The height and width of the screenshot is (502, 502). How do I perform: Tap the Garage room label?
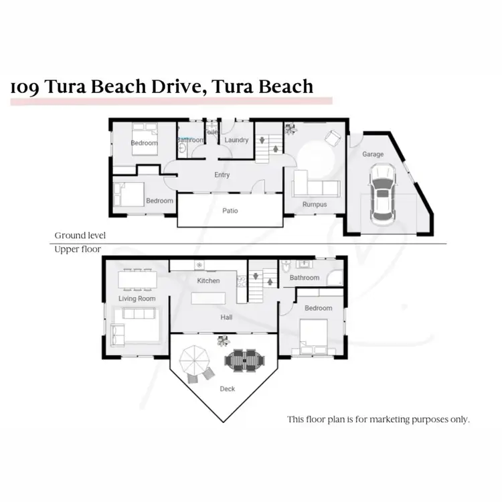pos(373,155)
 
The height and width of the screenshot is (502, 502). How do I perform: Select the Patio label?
pos(230,211)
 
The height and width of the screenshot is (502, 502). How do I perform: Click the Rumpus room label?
pos(314,204)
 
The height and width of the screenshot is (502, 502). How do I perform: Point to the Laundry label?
pos(237,141)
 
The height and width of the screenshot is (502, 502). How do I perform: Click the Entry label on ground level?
pos(222,175)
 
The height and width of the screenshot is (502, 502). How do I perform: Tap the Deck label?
pos(227,389)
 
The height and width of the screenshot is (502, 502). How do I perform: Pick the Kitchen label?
pos(208,280)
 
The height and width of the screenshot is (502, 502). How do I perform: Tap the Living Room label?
pos(137,299)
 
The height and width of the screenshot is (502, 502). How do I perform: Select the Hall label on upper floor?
pos(226,319)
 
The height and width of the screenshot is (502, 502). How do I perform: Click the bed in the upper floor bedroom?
pos(313,335)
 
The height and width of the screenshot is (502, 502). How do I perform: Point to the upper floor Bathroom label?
pos(305,278)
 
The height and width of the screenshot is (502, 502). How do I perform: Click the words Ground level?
pos(80,236)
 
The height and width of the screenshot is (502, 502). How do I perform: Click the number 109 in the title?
pos(24,87)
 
